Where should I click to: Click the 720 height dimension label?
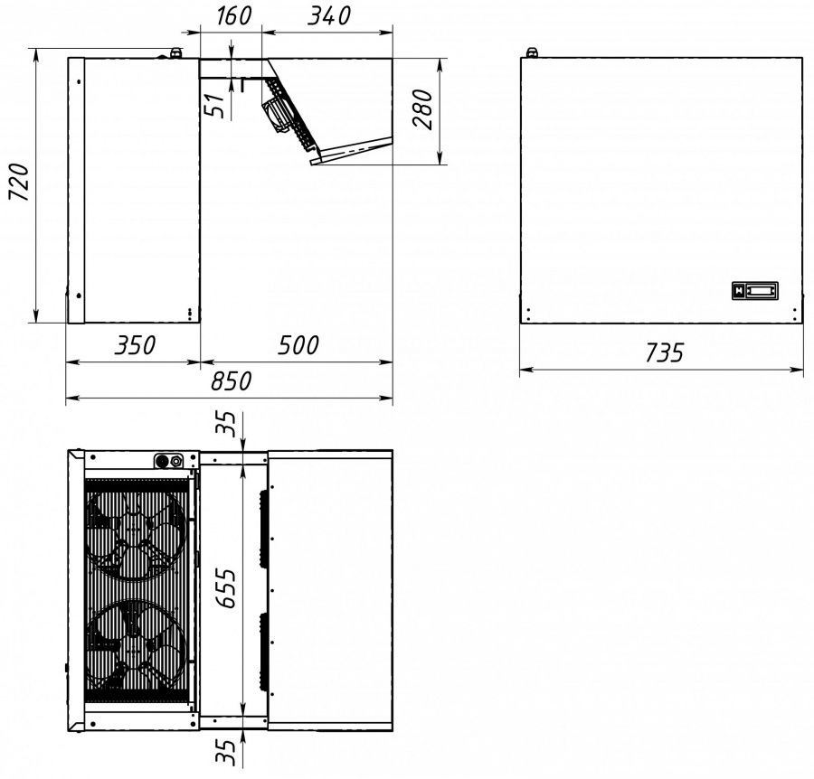[x=19, y=182]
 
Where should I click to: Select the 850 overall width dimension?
[x=231, y=381]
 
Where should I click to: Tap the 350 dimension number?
[x=135, y=345]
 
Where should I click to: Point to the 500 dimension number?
[x=298, y=345]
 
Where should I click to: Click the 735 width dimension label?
[x=665, y=352]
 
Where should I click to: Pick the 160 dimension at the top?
[x=233, y=16]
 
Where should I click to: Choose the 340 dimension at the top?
[x=329, y=16]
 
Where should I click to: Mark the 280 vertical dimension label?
[x=422, y=109]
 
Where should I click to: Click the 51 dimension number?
[x=216, y=106]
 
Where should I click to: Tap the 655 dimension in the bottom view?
[x=226, y=588]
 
